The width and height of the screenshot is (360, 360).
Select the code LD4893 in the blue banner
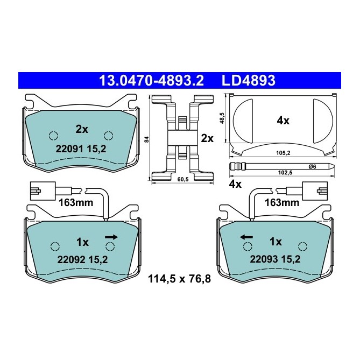pos(249,81)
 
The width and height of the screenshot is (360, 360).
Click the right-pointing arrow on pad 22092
pos(112,236)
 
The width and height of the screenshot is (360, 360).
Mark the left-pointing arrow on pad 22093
pos(246,236)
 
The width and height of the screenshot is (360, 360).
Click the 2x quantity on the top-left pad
pos(82,129)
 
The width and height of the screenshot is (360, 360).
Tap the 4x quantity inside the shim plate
pos(283,121)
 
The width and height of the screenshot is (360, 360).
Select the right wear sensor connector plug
pos(315,190)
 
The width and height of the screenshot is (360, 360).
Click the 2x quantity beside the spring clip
pos(207,138)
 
